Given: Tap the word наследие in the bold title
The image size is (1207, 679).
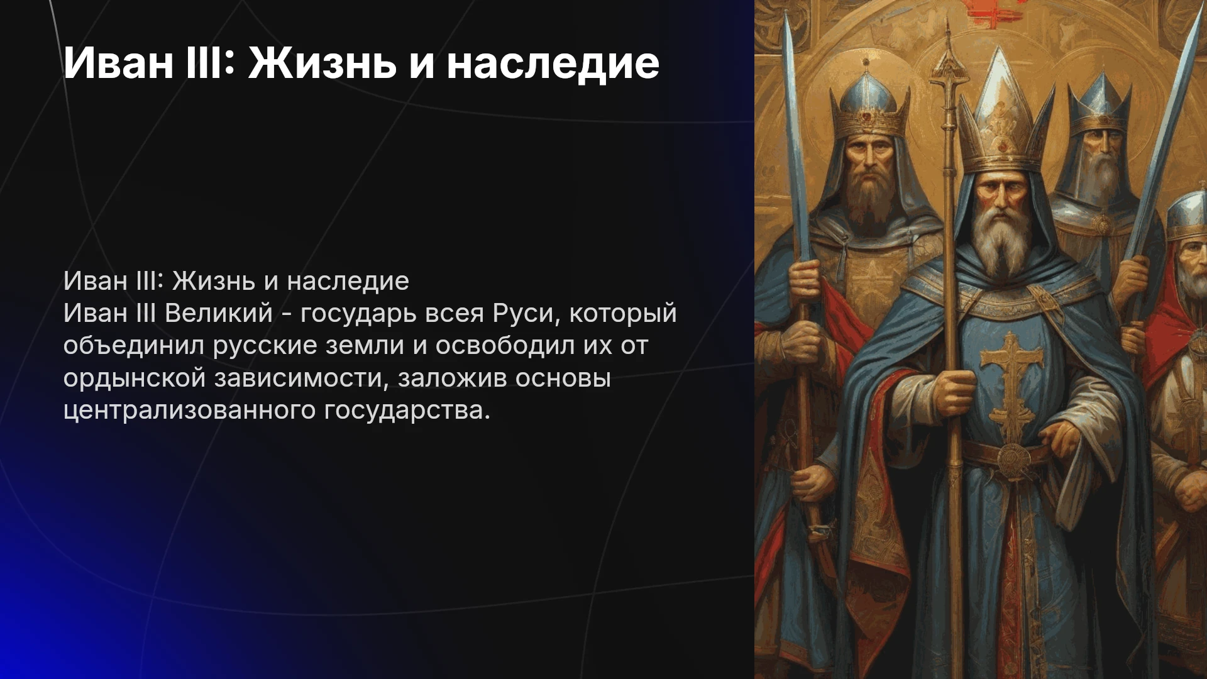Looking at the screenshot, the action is pos(553,63).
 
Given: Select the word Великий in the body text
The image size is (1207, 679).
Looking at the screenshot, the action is pos(219,312).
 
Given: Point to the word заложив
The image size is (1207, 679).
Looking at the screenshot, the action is pos(452,378).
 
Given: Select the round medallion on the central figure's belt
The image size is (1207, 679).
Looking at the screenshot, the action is pos(1012,456).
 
